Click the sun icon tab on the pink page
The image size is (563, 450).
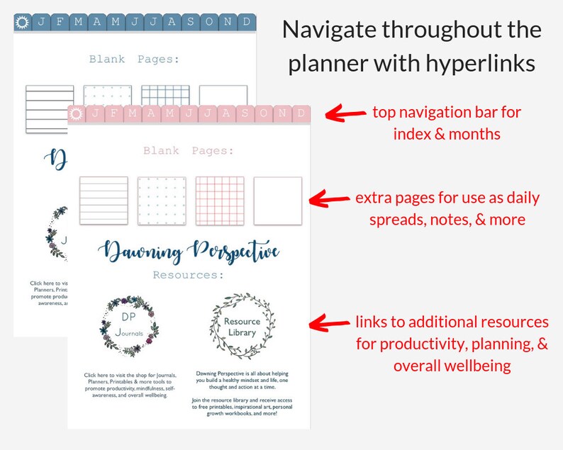click(77, 113)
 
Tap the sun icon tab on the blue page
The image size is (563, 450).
click(21, 22)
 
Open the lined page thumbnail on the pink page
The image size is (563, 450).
click(104, 201)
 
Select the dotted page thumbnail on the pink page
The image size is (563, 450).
click(162, 201)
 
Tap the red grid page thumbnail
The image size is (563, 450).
click(220, 201)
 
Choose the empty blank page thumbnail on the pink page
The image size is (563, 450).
click(278, 201)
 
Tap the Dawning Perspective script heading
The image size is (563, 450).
click(189, 251)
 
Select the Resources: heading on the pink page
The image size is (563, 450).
click(188, 274)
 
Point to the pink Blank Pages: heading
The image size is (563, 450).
click(188, 151)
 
